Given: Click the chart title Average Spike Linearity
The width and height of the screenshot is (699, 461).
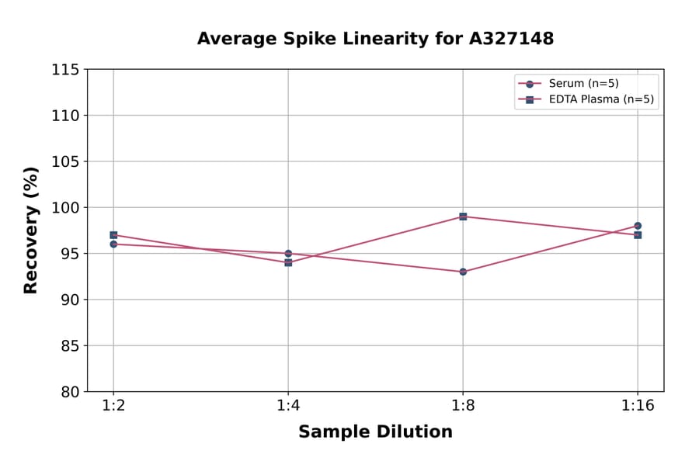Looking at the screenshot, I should tap(375, 39).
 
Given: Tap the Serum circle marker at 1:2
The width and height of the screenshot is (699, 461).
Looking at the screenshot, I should tap(113, 244).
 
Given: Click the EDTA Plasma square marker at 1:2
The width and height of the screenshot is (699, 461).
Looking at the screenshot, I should tap(113, 234).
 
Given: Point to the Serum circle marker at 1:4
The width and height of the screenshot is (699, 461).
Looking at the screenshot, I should tap(288, 253).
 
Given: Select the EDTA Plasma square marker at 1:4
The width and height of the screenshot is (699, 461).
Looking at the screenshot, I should tap(288, 262).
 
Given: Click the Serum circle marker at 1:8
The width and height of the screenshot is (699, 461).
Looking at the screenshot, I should tap(463, 272).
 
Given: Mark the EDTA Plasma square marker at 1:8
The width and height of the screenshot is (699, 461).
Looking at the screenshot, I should tap(463, 217).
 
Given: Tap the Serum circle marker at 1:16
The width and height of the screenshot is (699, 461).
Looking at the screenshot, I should tap(638, 226).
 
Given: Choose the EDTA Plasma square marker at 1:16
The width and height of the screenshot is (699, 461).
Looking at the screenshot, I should tap(638, 234).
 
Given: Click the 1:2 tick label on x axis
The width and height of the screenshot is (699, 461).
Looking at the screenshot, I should tap(113, 406).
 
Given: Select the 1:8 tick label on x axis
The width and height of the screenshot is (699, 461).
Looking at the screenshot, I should tap(463, 406).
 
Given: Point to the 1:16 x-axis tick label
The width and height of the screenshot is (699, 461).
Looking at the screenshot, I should tap(638, 406).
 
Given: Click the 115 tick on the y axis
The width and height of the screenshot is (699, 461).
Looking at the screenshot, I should tap(65, 70).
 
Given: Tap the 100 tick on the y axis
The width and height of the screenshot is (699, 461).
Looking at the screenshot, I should tap(65, 207).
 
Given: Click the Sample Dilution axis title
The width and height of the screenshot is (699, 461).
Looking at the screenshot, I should tap(375, 432).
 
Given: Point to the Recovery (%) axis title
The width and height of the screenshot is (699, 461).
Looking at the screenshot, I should tap(31, 230).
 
